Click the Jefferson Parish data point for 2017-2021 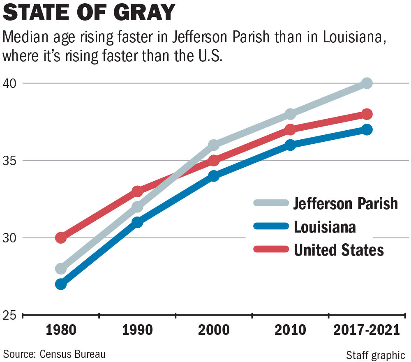click(x=367, y=83)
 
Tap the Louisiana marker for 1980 click(x=61, y=284)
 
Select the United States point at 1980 click(x=61, y=237)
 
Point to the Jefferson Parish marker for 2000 click(x=214, y=145)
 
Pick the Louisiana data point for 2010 click(x=290, y=145)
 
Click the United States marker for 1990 click(x=137, y=191)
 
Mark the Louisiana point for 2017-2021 click(x=367, y=129)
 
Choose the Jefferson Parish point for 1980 click(x=61, y=269)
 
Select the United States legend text click(x=339, y=250)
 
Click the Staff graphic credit click(x=375, y=355)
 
